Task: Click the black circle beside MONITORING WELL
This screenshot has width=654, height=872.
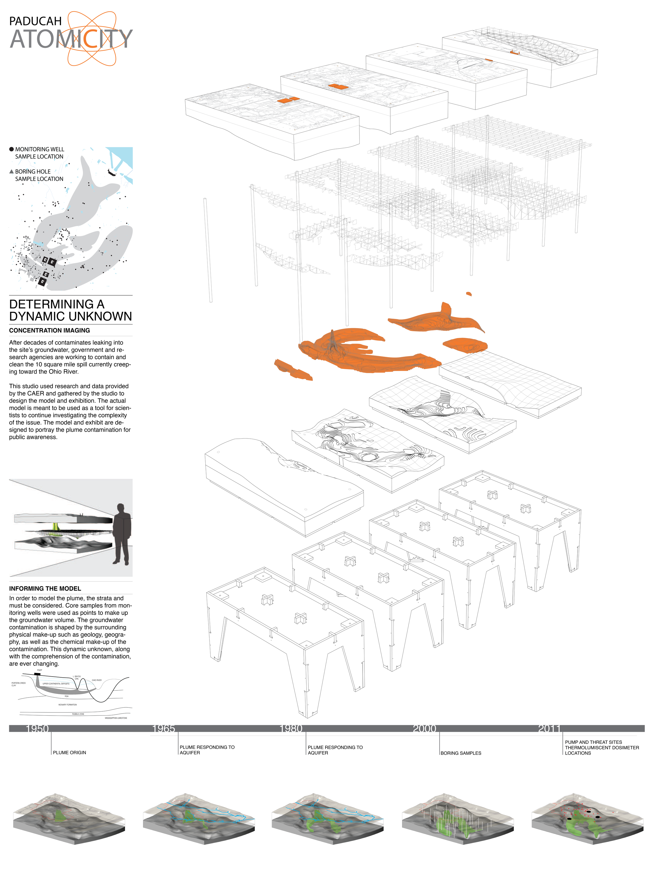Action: [x=12, y=149]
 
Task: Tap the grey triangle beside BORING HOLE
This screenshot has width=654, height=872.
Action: [x=12, y=171]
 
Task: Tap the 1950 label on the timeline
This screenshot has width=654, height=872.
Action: [x=37, y=729]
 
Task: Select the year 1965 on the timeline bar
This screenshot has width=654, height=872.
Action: [x=163, y=729]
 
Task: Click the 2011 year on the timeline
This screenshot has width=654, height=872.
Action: [x=549, y=729]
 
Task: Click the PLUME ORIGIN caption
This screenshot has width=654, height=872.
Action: [x=69, y=752]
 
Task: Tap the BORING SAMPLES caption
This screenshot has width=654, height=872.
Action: [x=461, y=753]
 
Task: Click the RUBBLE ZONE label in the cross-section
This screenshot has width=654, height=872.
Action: [x=78, y=714]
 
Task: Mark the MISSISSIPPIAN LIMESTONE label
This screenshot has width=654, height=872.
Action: [x=116, y=718]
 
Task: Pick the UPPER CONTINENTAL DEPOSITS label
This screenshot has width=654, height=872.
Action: [x=56, y=684]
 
